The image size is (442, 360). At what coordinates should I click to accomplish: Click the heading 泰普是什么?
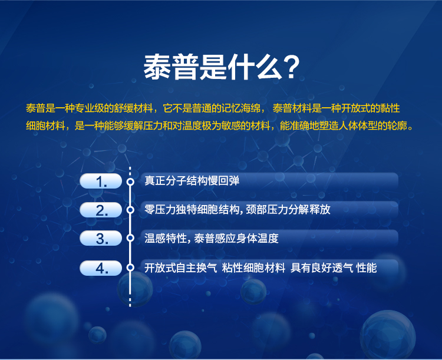(222, 67)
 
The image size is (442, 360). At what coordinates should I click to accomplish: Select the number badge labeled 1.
(101, 181)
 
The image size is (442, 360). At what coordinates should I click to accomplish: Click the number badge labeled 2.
(101, 210)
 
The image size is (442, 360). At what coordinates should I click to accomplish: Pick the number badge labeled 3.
(101, 238)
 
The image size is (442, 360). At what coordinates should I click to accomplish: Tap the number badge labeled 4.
(101, 268)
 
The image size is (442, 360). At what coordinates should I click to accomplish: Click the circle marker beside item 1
(130, 181)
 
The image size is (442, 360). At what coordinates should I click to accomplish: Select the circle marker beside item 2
(130, 210)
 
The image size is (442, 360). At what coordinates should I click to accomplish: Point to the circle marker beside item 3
(130, 238)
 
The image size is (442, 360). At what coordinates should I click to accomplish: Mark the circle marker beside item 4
(130, 267)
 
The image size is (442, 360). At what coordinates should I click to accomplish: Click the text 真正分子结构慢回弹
(192, 181)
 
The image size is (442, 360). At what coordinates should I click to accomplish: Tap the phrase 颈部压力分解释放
(288, 209)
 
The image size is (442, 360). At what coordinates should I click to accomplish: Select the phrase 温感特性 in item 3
(166, 239)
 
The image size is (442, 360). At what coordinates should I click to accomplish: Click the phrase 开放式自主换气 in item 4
(181, 268)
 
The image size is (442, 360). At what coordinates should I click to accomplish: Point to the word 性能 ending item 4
(367, 268)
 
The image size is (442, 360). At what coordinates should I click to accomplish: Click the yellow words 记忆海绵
(241, 108)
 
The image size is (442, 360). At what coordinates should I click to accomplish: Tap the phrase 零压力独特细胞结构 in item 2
(192, 209)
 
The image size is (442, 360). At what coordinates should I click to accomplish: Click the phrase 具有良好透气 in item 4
(322, 268)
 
